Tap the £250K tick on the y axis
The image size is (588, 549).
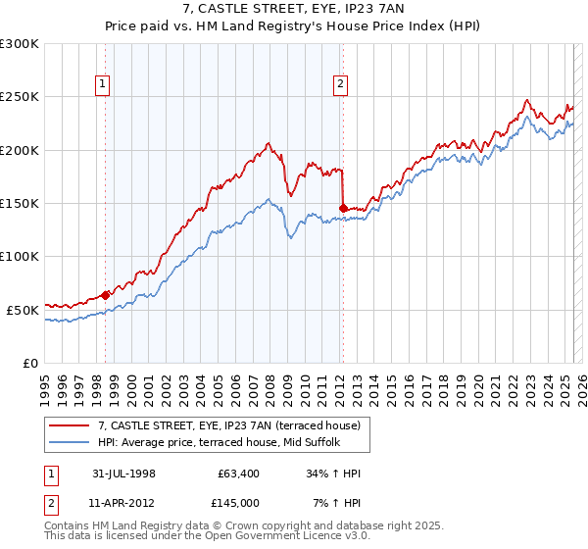[x=20, y=97]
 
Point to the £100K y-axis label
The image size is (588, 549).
[x=20, y=256]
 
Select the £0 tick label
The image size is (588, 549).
[x=29, y=363]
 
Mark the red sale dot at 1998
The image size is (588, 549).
[x=106, y=295]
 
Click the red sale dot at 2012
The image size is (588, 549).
[x=342, y=208]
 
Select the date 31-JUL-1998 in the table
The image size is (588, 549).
[x=124, y=473]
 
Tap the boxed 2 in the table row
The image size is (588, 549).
[x=51, y=504]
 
